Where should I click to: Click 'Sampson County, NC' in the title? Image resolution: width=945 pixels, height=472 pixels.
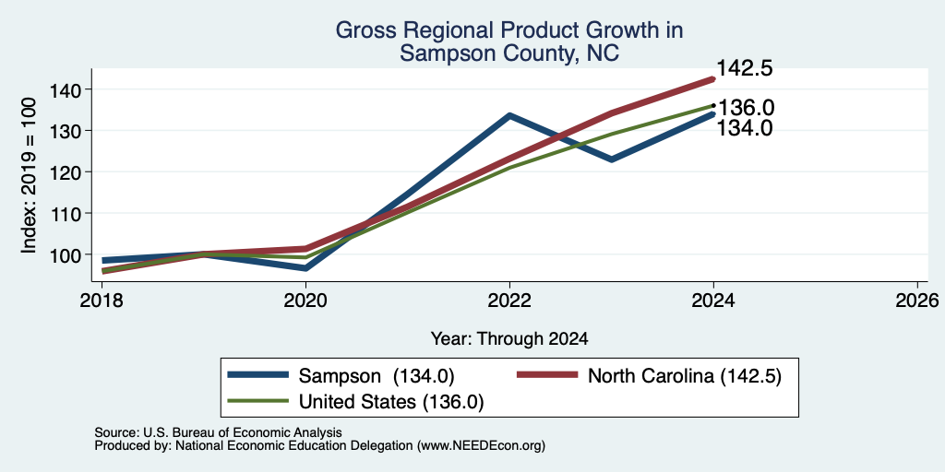(509, 53)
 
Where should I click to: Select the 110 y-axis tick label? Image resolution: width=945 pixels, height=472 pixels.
(66, 213)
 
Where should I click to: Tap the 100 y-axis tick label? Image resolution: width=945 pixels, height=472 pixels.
(66, 254)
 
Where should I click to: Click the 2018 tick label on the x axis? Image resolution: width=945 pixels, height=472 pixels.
(102, 300)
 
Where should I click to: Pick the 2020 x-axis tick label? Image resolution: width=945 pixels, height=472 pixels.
(305, 300)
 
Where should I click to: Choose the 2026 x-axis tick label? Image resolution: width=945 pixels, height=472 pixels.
(917, 300)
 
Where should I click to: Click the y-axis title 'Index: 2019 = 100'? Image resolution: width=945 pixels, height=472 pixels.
(29, 175)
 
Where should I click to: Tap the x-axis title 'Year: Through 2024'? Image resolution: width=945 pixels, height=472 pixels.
(509, 339)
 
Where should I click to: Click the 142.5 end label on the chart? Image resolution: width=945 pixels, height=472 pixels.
(745, 68)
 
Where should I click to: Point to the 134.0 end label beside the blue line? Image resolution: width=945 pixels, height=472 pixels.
(745, 127)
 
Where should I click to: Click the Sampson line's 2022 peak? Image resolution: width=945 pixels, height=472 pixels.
(509, 115)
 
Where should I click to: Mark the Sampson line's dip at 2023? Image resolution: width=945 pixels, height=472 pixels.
(612, 159)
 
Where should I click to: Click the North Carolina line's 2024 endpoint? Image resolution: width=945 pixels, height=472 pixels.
(713, 79)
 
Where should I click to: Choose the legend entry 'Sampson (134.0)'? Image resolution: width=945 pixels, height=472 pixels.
(341, 376)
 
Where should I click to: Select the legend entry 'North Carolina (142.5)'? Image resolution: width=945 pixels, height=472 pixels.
(649, 376)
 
